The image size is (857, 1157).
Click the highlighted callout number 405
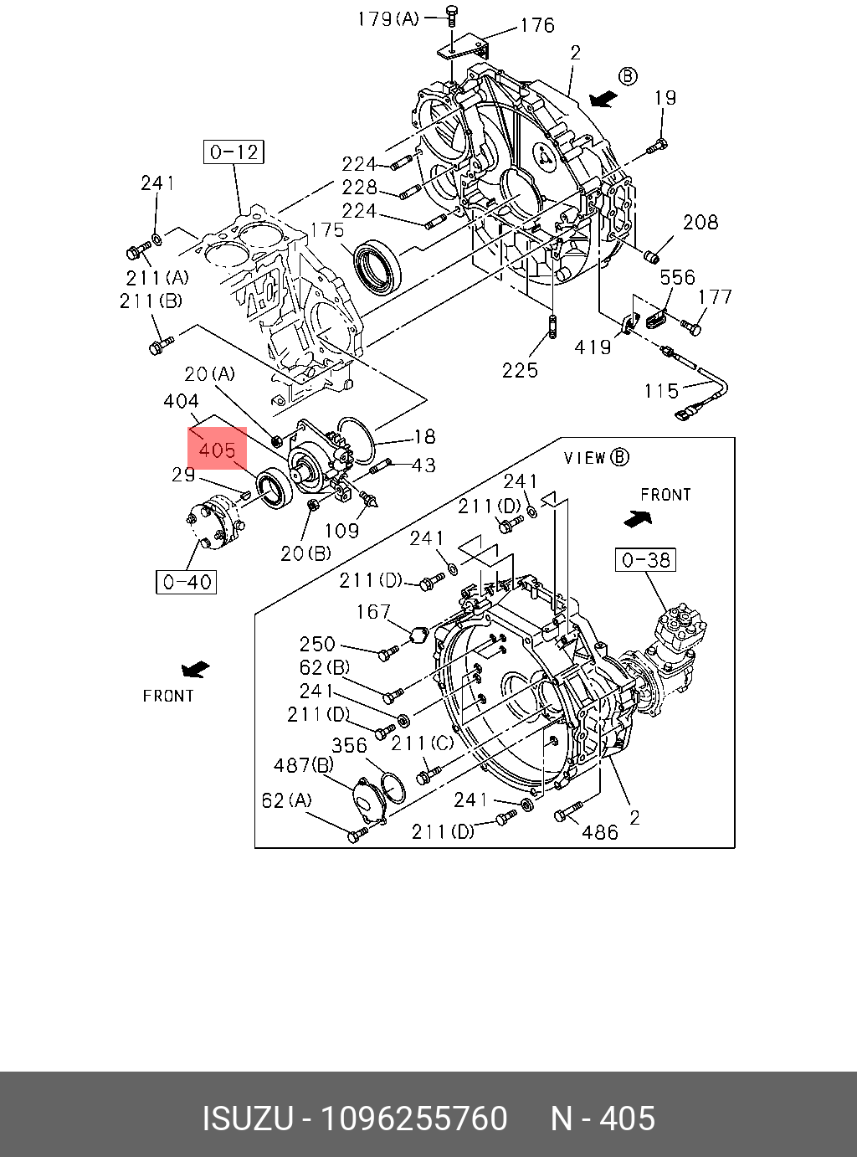coord(217,450)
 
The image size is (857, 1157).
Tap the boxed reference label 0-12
coord(233,152)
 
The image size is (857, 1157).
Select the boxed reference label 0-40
coord(187,582)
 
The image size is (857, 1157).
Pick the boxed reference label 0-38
coord(646,560)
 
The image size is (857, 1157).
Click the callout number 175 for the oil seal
coord(327,230)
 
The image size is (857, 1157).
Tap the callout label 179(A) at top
coord(388,19)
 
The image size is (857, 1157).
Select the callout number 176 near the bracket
coord(537,25)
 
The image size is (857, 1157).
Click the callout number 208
coord(700,222)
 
